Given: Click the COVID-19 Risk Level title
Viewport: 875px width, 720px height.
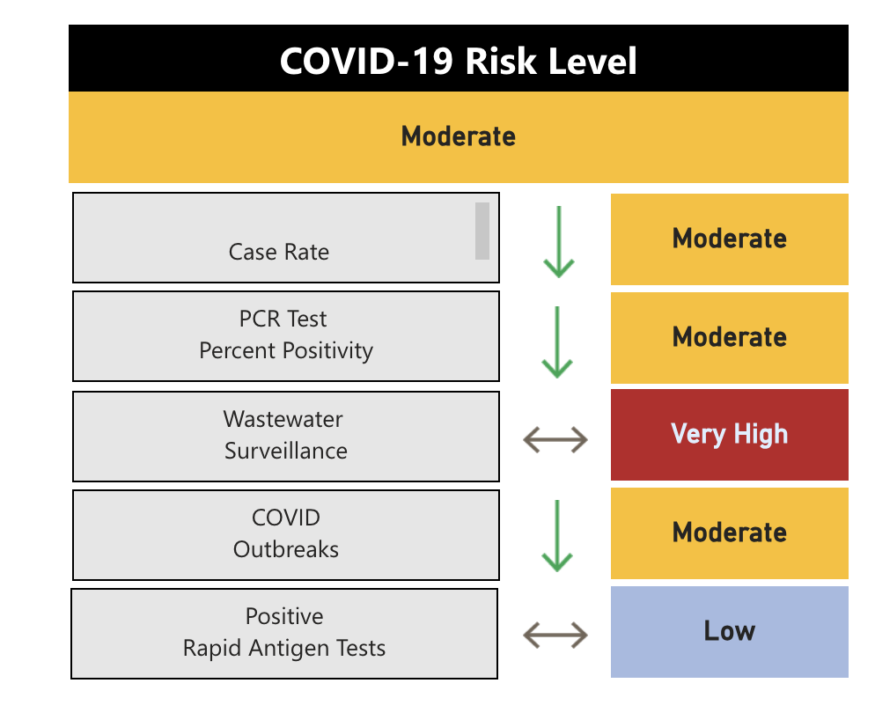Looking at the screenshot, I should click(458, 62).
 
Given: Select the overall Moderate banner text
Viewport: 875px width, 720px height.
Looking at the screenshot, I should click(458, 136).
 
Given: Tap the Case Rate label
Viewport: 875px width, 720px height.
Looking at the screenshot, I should click(279, 252).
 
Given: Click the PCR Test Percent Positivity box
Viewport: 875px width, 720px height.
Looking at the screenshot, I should click(286, 335).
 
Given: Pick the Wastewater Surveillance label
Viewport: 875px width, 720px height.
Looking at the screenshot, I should click(285, 435).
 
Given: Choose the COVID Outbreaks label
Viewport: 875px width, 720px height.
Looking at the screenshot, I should click(286, 533).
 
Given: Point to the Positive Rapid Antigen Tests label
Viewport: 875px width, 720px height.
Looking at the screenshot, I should click(284, 633).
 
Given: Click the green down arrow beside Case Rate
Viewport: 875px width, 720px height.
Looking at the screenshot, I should click(558, 241).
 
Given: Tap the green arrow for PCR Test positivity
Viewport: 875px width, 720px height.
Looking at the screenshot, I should click(558, 342).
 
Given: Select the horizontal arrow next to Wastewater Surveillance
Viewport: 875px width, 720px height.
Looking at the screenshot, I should click(555, 438).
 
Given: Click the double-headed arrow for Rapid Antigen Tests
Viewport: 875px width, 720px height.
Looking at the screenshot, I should click(555, 634).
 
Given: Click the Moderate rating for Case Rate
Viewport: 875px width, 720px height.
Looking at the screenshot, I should click(729, 239).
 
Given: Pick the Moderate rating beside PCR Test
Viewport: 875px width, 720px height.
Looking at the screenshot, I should click(729, 337).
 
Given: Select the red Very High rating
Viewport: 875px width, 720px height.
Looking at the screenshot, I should click(729, 434).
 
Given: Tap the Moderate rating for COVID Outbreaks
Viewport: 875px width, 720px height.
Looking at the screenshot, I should click(729, 533).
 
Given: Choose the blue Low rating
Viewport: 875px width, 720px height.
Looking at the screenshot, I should click(729, 631).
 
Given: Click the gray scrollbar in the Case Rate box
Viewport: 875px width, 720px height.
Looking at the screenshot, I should click(482, 231).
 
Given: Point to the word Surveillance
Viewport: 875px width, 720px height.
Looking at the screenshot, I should click(286, 451).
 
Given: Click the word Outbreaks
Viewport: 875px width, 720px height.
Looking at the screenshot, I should click(286, 549).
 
